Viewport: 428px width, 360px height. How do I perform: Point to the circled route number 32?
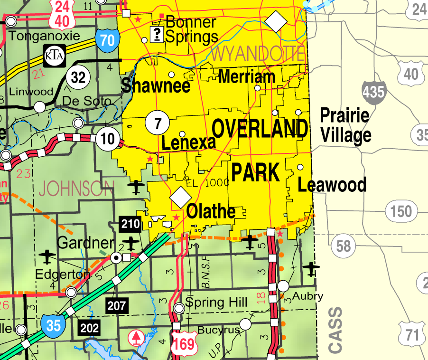78,77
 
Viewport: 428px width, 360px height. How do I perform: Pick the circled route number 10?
107,139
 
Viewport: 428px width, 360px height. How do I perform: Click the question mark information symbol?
156,34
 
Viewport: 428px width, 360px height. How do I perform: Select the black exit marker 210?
130,223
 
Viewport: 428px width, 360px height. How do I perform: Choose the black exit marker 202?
89,327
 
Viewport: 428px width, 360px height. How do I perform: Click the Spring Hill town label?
216,303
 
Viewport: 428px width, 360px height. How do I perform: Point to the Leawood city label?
332,184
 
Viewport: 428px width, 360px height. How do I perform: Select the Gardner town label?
85,243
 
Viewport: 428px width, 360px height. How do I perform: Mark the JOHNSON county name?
76,189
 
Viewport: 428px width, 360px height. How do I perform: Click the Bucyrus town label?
216,330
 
